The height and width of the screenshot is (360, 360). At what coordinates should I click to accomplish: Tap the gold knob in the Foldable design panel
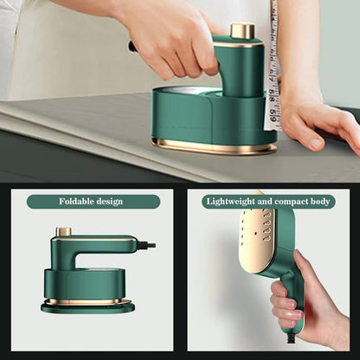63,232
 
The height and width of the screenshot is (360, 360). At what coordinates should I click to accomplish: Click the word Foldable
76,202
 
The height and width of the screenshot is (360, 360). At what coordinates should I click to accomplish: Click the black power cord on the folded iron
147,245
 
